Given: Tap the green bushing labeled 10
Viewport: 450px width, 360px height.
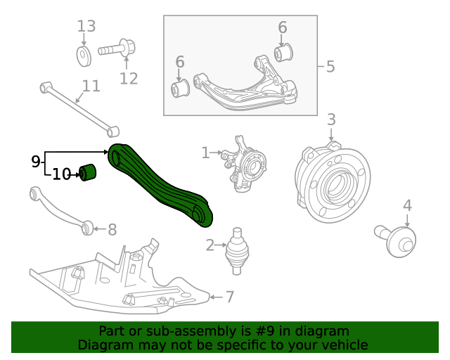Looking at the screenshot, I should (88, 172).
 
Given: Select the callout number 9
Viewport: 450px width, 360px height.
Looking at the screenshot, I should (36, 162).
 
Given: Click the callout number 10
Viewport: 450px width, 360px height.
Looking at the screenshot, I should (62, 174).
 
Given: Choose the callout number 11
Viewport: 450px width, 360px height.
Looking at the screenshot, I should (91, 86).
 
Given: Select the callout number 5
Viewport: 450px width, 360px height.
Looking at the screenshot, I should (330, 67).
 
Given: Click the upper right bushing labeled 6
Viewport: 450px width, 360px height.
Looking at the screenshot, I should (284, 52).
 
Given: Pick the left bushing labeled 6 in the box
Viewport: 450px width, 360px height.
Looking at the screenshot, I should (181, 89).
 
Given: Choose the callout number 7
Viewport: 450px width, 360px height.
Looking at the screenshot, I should (229, 297).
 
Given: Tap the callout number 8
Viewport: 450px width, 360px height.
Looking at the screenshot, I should (112, 229).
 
